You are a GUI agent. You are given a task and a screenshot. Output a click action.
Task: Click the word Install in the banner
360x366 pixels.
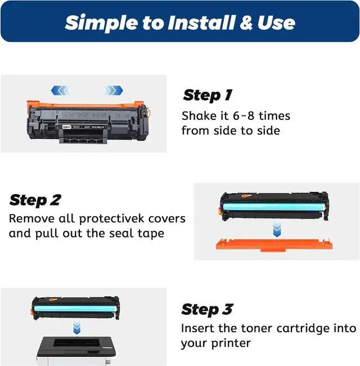pos(201,23)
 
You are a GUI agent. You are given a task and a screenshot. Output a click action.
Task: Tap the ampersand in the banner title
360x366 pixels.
pos(246,23)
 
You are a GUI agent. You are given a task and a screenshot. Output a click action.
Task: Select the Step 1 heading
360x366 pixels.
pos(208,95)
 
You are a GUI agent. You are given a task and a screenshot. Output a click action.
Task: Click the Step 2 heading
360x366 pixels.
pos(35,200)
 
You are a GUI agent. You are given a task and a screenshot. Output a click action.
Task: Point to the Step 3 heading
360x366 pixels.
pos(207,310)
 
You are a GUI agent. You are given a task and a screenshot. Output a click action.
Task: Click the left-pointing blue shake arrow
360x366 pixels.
pos(60,90)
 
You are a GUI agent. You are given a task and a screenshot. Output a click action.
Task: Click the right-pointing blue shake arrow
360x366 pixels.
pos(114,90)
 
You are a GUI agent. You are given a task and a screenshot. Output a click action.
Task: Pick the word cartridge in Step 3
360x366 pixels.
pos(303,329)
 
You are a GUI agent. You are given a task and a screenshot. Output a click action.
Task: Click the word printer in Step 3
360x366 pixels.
pos(231,343)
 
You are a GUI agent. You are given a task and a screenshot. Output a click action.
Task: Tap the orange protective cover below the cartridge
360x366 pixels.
pos(274,244)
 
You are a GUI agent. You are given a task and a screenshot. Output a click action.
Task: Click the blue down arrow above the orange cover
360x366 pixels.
pos(277,229)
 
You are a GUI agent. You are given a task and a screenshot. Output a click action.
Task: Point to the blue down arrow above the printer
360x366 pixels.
pos(76,328)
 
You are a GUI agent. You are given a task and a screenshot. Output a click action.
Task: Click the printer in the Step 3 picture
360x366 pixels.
pos(76,351)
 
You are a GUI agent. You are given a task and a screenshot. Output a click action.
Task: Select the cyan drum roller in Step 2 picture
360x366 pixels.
pos(274,207)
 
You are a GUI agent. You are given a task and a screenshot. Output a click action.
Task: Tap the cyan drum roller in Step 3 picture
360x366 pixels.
pos(75,309)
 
